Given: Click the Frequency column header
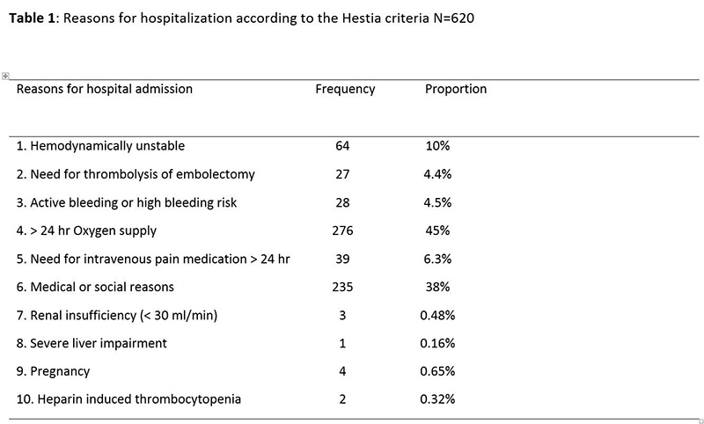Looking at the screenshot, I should [x=345, y=89].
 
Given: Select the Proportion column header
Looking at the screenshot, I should [x=456, y=89].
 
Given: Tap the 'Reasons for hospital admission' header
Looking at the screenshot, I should [x=105, y=89].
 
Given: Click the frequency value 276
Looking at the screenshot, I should [x=343, y=230].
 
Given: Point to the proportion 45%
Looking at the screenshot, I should [x=437, y=230].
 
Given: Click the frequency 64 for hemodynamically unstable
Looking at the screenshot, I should [x=343, y=146].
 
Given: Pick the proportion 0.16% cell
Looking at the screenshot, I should [x=437, y=343].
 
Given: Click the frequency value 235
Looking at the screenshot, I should [x=343, y=287].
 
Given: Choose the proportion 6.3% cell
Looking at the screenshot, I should [x=437, y=259].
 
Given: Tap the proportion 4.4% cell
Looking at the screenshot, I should [x=437, y=174].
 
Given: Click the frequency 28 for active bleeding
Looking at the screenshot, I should [x=343, y=202].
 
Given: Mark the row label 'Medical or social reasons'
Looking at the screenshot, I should [x=96, y=287].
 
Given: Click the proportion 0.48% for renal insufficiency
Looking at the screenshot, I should [x=437, y=315].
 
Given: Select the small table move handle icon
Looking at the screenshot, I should [x=6, y=76].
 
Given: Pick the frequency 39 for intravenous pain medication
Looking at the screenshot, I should [x=343, y=259].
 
